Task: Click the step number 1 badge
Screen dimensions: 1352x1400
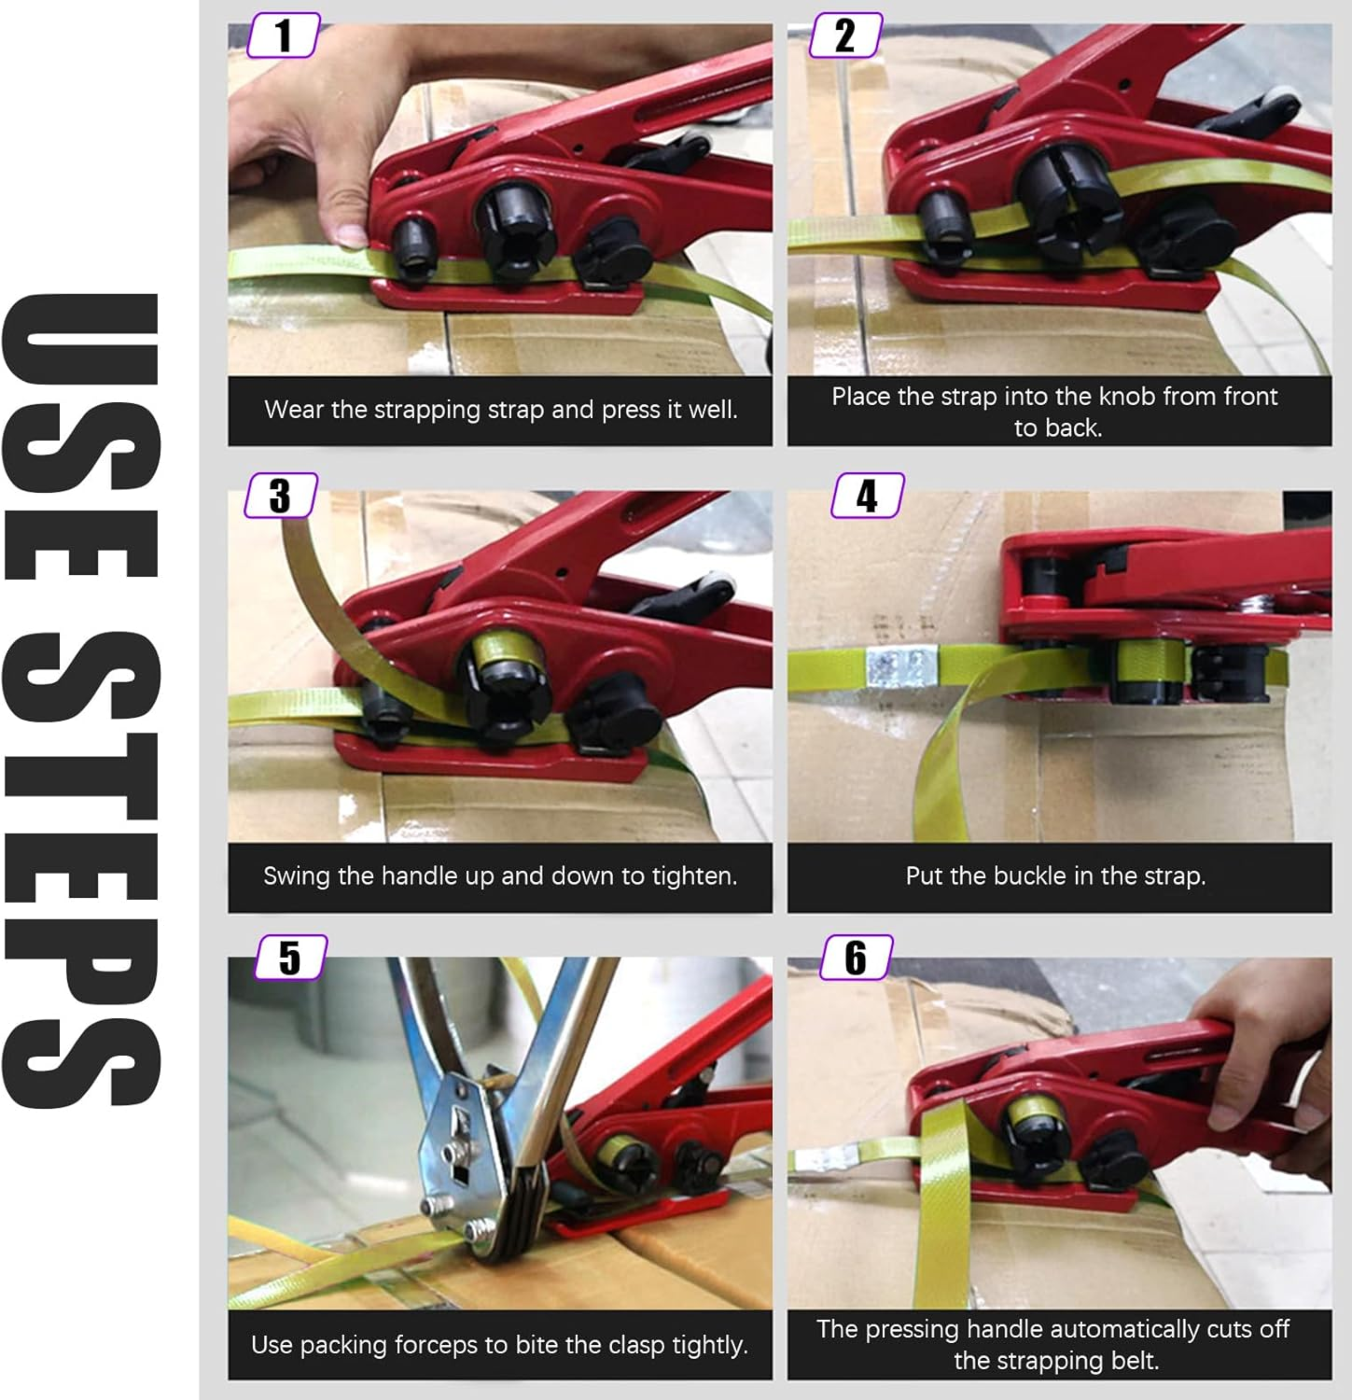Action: pyautogui.click(x=284, y=35)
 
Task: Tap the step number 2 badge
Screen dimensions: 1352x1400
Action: pyautogui.click(x=844, y=35)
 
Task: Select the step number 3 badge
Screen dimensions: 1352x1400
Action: pyautogui.click(x=280, y=496)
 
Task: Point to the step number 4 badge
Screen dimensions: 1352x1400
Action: pyautogui.click(x=867, y=496)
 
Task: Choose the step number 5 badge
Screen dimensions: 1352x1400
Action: pyautogui.click(x=290, y=958)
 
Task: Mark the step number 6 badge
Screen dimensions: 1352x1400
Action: pyautogui.click(x=856, y=958)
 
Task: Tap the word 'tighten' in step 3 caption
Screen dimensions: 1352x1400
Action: pyautogui.click(x=693, y=876)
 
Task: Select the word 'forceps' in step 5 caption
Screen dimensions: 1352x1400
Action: pyautogui.click(x=438, y=1345)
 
